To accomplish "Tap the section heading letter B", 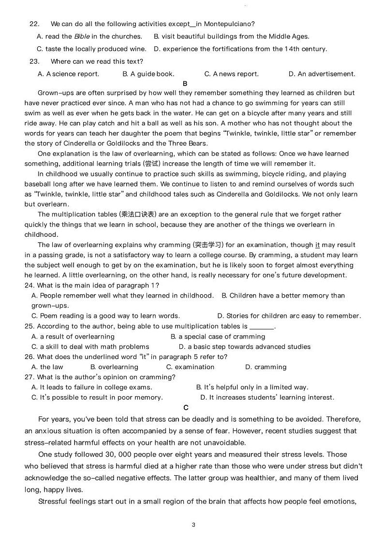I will (x=185, y=84).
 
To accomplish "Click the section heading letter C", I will (x=186, y=408).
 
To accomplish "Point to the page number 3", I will (x=193, y=525).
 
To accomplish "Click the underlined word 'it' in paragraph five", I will (x=317, y=245).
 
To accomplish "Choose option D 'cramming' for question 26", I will (x=266, y=367).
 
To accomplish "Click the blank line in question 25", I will (x=262, y=327).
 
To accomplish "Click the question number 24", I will (x=29, y=286).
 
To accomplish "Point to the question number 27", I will (x=29, y=377).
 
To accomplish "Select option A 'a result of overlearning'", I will (x=73, y=337).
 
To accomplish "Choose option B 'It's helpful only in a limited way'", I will (x=252, y=387).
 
